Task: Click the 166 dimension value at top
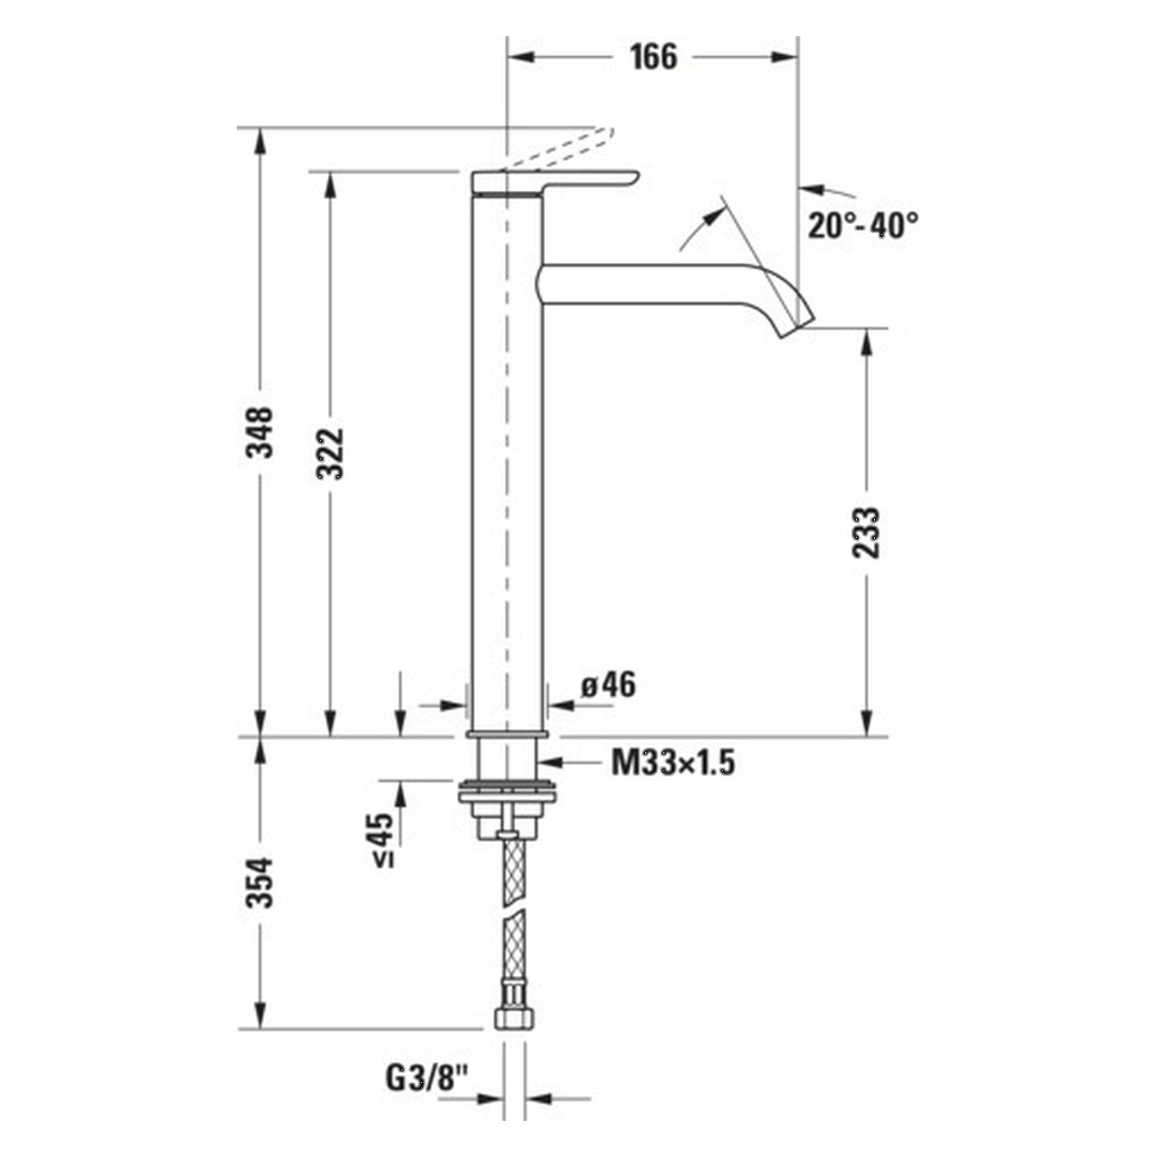click(x=653, y=57)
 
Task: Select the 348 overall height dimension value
click(x=261, y=432)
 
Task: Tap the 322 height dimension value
click(x=331, y=452)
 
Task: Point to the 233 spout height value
click(x=866, y=532)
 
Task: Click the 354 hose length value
click(x=261, y=881)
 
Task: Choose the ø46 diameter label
click(x=607, y=685)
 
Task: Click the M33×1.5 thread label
click(x=673, y=764)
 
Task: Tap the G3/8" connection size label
click(x=428, y=1077)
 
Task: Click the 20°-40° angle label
click(x=862, y=224)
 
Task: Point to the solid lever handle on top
click(x=555, y=181)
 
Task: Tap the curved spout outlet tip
click(x=795, y=325)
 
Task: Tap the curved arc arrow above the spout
click(x=701, y=226)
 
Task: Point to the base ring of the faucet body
click(x=507, y=733)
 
